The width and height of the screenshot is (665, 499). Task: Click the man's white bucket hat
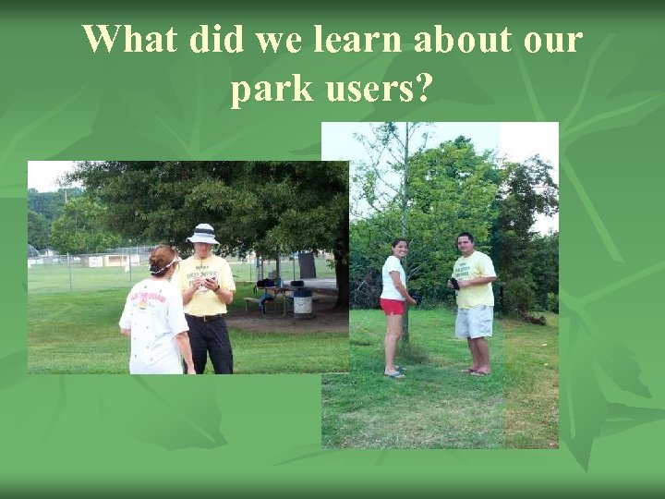click(202, 234)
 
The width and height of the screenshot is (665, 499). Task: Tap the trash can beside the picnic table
click(301, 303)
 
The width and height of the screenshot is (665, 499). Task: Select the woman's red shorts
click(393, 307)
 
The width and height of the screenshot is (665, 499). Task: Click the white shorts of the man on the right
click(475, 322)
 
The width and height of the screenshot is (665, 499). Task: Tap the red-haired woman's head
click(163, 260)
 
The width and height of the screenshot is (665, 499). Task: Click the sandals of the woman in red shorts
click(394, 373)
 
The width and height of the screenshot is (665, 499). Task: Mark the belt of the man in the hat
click(206, 317)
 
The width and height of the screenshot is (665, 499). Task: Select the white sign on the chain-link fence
click(95, 262)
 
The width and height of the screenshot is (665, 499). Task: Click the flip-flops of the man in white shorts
click(476, 371)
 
